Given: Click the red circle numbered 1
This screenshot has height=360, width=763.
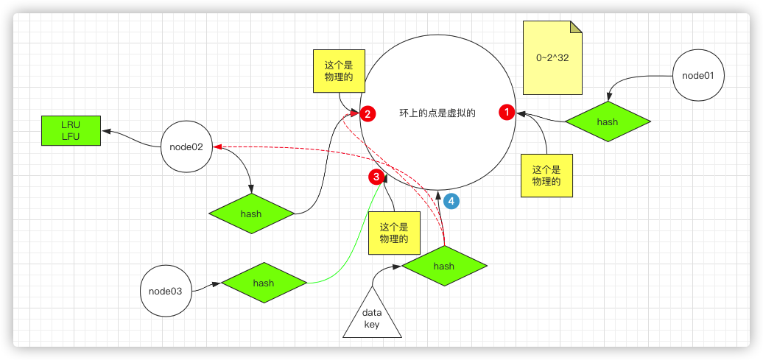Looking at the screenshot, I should tap(507, 112).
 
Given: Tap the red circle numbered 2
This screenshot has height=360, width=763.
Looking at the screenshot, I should tap(368, 113).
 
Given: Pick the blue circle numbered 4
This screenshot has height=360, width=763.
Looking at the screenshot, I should tap(451, 200).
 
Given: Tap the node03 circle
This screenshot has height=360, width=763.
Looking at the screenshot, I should tap(166, 291).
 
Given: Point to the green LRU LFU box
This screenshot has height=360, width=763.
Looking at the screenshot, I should tap(71, 130).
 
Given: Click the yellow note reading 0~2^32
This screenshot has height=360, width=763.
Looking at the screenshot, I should tap(552, 59).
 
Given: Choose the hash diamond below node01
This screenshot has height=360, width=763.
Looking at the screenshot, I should tap(607, 122).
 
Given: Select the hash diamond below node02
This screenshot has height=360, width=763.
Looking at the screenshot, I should tap(251, 214).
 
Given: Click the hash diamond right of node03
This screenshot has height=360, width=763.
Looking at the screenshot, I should tap(263, 283).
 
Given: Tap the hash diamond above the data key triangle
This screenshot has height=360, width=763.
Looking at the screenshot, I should tap(443, 267).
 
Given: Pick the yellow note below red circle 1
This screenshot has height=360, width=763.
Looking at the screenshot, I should tap(546, 175).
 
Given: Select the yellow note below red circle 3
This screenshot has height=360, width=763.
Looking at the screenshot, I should tap(393, 234).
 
